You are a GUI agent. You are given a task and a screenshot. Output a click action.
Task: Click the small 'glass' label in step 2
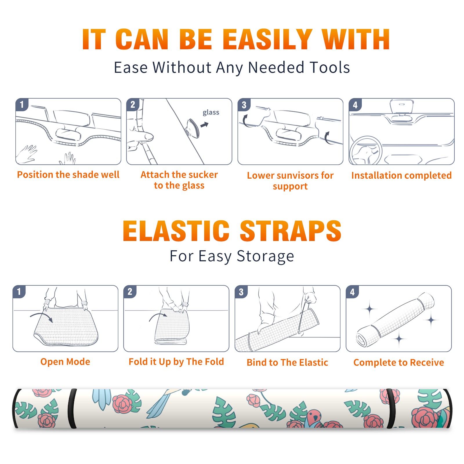pos(211,113)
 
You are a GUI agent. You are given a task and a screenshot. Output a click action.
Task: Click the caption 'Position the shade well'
pos(68,175)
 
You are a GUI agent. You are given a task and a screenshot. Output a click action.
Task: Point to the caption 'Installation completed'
pos(401,175)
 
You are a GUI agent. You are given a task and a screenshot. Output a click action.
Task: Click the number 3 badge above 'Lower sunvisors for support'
pos(244,105)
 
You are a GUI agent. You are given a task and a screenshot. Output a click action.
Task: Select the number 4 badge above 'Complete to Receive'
pos(352,292)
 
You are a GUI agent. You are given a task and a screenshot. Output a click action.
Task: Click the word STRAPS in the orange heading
pos(291,231)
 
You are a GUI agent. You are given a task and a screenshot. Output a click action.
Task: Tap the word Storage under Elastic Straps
pos(265,256)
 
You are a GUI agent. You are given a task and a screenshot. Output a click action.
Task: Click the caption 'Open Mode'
pos(65,362)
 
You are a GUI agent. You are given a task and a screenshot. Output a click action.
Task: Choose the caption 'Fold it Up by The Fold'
pos(176,362)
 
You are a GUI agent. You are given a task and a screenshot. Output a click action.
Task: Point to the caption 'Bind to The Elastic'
pos(287,362)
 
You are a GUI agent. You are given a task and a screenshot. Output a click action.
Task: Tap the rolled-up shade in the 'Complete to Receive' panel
pos(395,319)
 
